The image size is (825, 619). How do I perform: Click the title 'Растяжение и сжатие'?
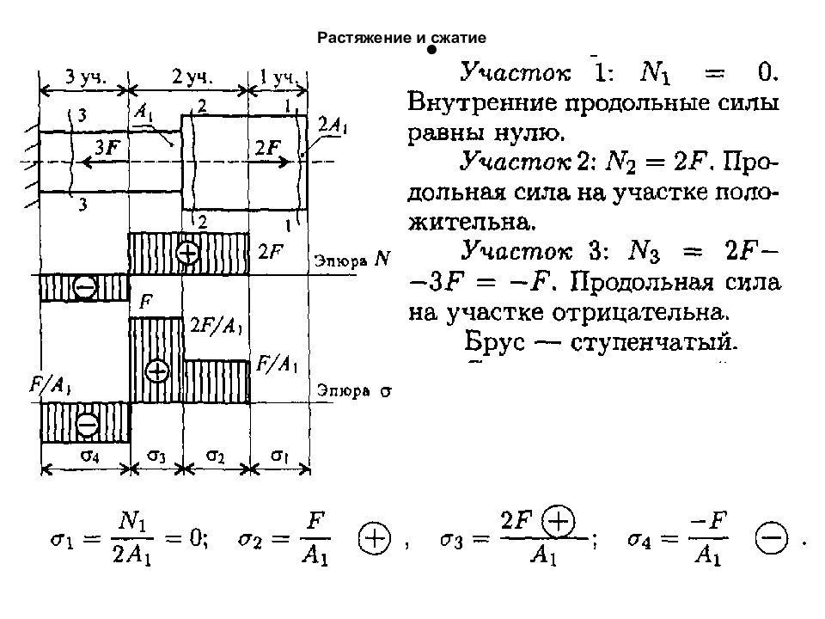click(401, 38)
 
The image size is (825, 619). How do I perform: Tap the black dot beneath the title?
click(432, 50)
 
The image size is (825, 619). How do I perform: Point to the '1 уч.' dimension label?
click(278, 77)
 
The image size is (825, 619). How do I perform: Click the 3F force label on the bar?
click(107, 147)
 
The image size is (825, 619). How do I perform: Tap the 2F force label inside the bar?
click(268, 147)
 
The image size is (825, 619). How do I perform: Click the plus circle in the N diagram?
click(187, 253)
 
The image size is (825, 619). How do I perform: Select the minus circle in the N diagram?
click(85, 287)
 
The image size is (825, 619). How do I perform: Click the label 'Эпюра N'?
click(352, 260)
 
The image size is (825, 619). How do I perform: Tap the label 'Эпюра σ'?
click(354, 391)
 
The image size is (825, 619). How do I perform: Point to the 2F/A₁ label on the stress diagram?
click(217, 327)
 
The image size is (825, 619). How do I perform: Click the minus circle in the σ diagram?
click(87, 424)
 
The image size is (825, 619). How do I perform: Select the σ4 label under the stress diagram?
click(89, 456)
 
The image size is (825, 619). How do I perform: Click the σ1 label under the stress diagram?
click(280, 455)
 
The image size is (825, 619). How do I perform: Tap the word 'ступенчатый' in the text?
click(653, 343)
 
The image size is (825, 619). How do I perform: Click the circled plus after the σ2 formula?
click(375, 540)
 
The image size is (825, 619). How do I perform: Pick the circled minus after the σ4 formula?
click(772, 538)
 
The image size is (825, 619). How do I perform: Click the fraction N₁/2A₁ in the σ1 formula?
click(132, 538)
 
